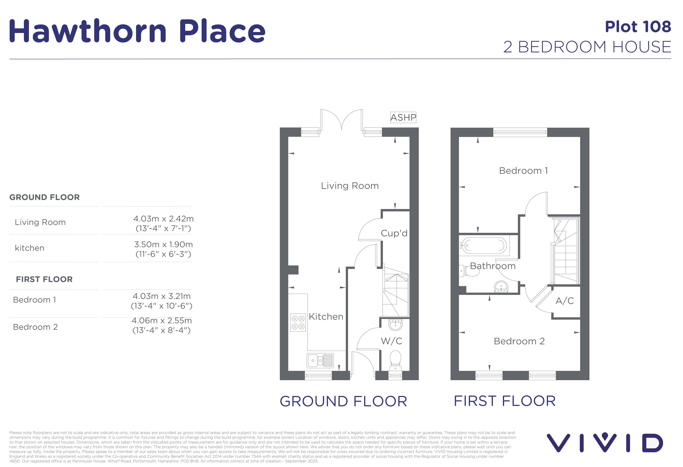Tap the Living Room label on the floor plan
point(350,186)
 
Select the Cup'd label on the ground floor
point(394,233)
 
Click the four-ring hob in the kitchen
point(298,322)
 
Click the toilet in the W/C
point(395,360)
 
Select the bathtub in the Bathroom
point(484,245)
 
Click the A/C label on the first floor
point(565,301)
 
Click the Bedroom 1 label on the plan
point(523,171)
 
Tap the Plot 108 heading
point(638,27)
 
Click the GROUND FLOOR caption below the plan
point(343,401)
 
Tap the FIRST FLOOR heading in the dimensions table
point(44,279)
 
